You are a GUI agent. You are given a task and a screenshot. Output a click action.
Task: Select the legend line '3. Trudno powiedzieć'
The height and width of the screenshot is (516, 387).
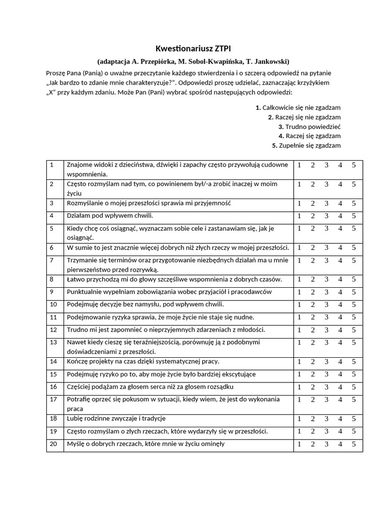[309, 126]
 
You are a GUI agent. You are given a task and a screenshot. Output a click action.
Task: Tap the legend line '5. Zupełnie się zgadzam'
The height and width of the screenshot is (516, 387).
[306, 146]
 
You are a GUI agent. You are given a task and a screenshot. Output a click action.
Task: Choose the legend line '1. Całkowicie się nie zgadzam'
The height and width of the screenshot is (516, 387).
[298, 107]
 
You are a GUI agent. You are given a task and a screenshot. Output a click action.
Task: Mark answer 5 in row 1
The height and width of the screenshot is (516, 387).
[354, 165]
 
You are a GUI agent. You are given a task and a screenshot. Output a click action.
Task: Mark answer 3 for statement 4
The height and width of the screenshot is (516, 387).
[326, 216]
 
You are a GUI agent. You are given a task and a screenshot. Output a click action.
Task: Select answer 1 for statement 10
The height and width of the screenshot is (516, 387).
[299, 305]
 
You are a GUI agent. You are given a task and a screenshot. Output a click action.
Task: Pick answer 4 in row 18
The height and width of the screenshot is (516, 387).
[340, 419]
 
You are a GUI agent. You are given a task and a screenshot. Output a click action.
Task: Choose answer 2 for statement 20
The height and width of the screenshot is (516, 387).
[312, 444]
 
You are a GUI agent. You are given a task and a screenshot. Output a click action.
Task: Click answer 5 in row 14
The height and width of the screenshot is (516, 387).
[354, 362]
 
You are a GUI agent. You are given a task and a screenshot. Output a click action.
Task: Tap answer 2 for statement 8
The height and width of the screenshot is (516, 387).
[312, 279]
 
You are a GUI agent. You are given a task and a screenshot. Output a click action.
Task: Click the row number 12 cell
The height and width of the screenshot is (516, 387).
[54, 330]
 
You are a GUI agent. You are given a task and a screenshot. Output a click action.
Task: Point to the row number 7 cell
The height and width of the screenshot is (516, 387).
[54, 265]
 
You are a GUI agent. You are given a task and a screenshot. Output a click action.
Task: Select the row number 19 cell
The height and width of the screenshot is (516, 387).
[54, 431]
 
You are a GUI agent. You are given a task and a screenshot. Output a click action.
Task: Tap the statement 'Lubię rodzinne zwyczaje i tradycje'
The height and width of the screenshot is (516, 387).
[116, 419]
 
